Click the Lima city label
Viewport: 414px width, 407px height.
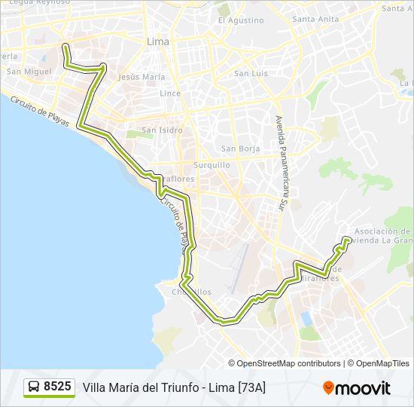coord(159,41)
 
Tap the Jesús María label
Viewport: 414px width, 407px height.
coord(142,77)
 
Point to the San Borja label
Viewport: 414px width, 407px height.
coord(240,148)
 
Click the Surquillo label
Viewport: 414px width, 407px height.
coord(212,164)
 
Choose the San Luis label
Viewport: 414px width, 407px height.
coord(251,73)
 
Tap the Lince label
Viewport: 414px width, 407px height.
coord(170,93)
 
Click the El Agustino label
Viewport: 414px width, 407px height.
coord(241,20)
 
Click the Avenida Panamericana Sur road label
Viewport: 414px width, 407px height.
coord(280,161)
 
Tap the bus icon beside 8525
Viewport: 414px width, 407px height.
coord(34,387)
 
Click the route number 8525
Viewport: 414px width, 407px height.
coord(57,387)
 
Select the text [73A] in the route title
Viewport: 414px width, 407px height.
coord(251,387)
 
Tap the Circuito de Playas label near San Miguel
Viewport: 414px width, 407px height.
coord(39,111)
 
